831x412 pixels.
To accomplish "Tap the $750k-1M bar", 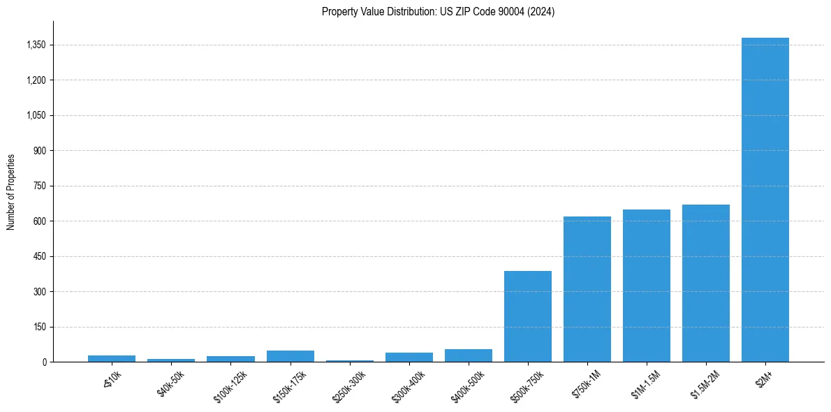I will [x=587, y=289].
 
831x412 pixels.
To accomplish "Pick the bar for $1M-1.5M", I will [x=646, y=286].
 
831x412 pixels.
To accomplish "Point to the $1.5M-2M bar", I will [x=705, y=283].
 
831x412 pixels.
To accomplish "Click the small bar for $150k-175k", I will [x=290, y=356].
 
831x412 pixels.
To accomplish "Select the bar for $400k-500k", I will [x=468, y=355].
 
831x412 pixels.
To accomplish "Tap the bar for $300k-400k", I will [x=409, y=358].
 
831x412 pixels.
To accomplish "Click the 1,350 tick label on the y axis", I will [x=35, y=45].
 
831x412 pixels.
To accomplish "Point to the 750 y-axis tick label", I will [x=39, y=186].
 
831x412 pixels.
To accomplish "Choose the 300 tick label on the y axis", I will [x=39, y=291].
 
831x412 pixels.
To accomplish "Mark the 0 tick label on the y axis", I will [x=44, y=362].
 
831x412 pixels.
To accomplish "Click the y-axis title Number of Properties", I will [x=11, y=192].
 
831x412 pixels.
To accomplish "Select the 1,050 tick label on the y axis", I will [x=35, y=115].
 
